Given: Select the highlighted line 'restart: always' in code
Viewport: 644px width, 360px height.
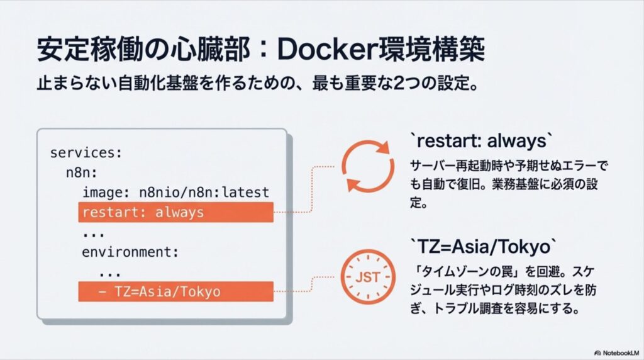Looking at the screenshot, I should [175, 212].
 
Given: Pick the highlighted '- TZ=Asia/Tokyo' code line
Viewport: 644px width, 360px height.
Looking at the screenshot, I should [175, 291].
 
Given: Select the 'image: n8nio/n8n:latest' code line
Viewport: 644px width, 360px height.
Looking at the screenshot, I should [175, 193].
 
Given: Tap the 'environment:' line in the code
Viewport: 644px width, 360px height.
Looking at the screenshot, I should [130, 252].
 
